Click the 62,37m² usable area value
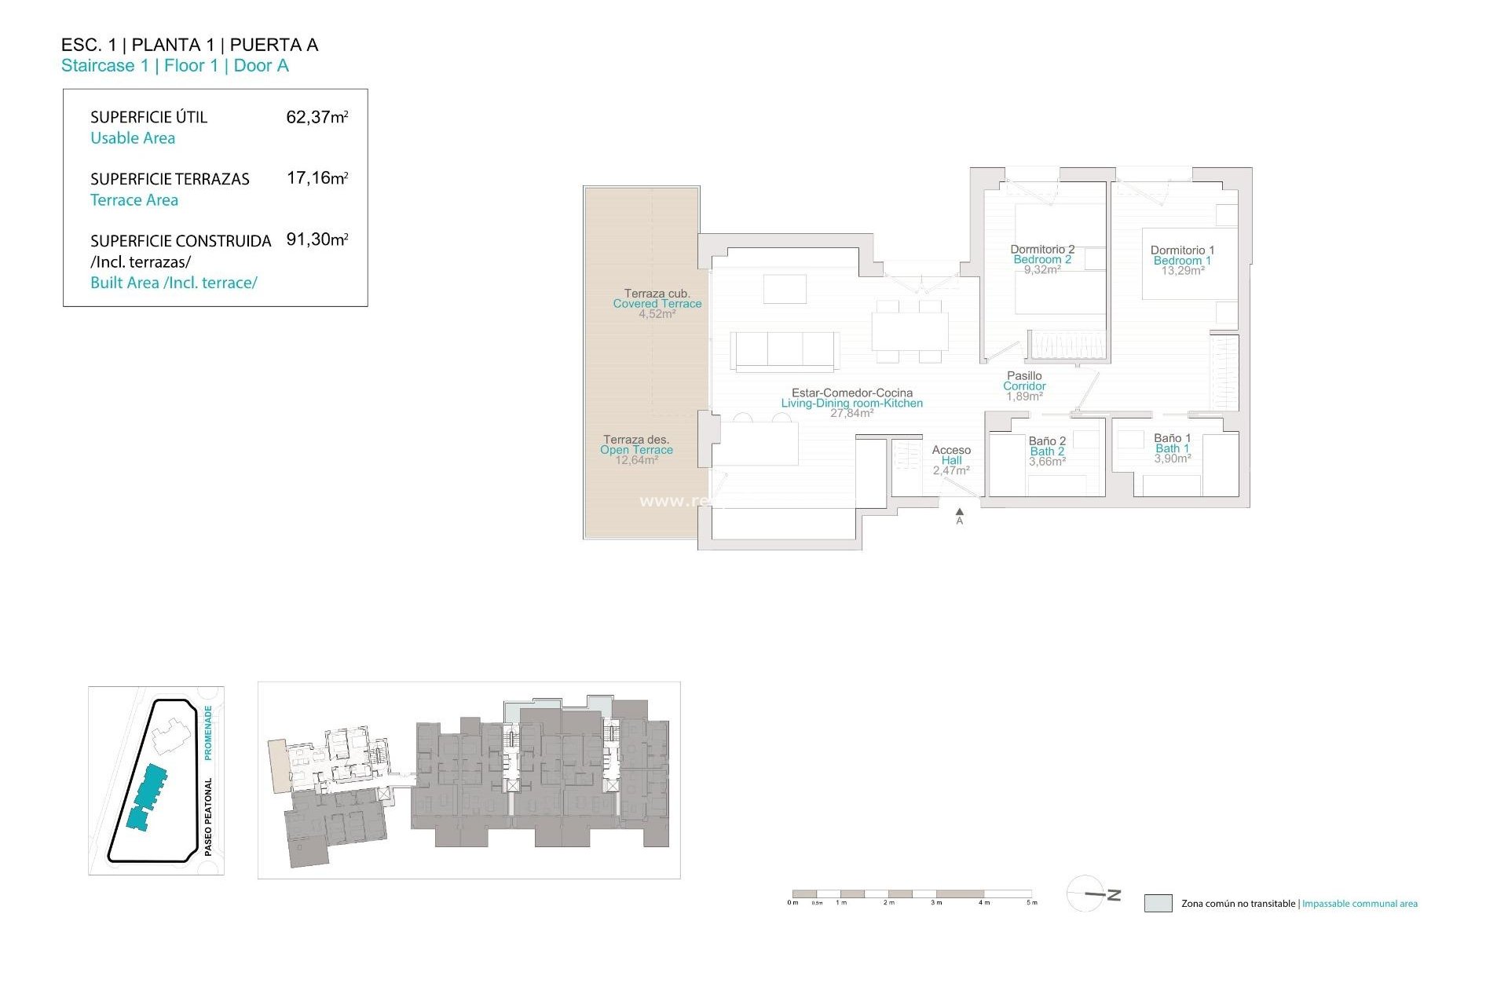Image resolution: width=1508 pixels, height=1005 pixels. point(317,118)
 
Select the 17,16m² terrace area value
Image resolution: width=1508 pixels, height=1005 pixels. point(317,178)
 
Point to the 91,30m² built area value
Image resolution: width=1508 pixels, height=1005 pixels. point(317,239)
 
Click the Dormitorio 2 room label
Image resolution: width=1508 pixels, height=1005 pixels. point(1042,250)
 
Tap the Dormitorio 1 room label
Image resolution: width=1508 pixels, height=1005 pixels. point(1182,250)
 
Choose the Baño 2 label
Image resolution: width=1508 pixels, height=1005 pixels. point(1047,441)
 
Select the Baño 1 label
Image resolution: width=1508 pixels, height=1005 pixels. point(1172,438)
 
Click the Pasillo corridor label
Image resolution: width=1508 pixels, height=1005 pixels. point(1024,376)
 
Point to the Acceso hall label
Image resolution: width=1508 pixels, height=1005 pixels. point(951,450)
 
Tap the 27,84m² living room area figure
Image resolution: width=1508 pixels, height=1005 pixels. point(851,413)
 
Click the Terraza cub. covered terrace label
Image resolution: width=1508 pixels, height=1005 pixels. point(657,294)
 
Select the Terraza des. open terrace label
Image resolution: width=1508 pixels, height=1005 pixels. point(635,440)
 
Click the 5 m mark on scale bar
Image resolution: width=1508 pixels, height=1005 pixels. point(1032,902)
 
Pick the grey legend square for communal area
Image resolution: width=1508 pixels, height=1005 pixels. point(1158,903)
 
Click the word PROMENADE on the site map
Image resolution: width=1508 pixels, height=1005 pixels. point(208,732)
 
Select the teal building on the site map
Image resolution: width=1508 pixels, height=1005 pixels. point(148,797)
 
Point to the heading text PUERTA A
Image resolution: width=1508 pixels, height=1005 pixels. point(273,45)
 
